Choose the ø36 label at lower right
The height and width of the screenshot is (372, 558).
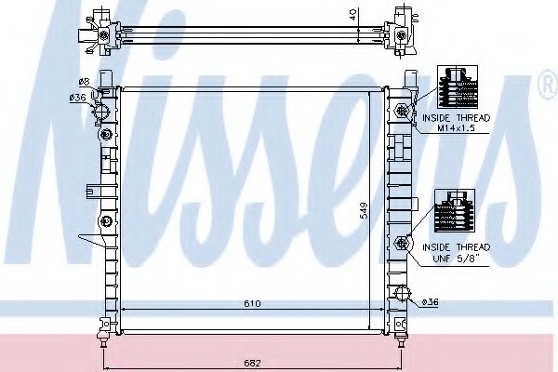coord(431,300)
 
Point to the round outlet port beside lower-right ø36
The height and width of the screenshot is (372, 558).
coord(404,297)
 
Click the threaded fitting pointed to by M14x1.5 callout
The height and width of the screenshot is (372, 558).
coord(403,112)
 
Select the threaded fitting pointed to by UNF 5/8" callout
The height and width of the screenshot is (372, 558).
coord(403,244)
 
